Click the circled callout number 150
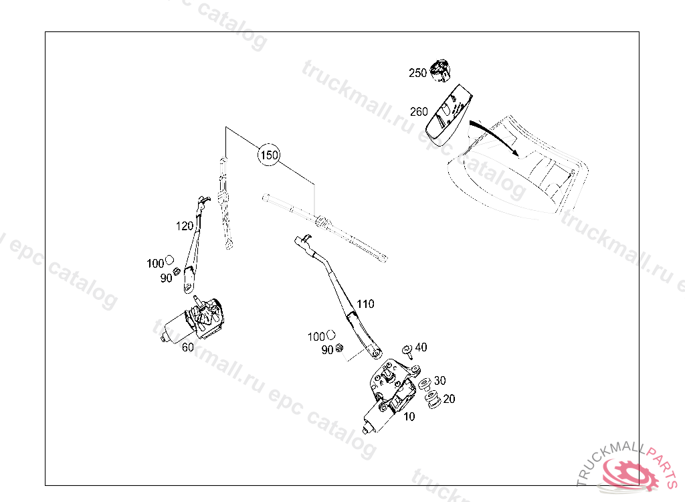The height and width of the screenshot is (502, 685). [269, 155]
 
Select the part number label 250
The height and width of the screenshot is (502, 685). [417, 73]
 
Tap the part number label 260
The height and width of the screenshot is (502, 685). [419, 112]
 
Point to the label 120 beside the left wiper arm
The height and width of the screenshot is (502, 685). [185, 226]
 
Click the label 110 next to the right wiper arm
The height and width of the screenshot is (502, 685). [365, 304]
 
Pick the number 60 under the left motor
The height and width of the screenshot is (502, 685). [187, 347]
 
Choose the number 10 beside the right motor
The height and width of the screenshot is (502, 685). [409, 416]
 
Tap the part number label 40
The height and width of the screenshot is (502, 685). [421, 347]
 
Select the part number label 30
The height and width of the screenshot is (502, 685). [439, 381]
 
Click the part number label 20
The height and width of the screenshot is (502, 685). [449, 399]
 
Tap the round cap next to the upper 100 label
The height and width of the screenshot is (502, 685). [170, 259]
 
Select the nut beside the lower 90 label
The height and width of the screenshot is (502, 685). [340, 348]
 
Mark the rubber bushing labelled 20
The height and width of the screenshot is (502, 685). [433, 401]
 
